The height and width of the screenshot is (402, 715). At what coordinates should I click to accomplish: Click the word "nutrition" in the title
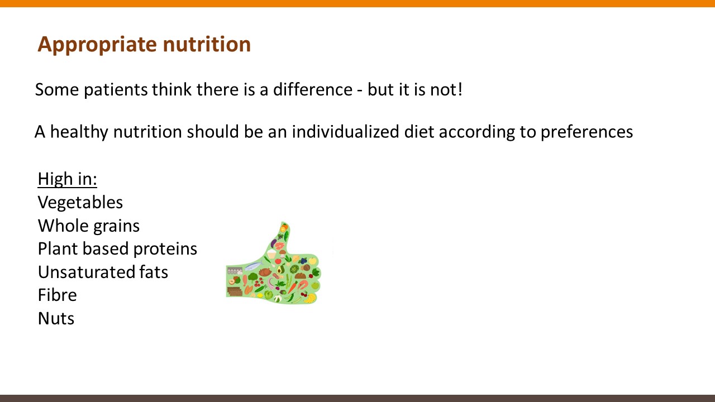[207, 44]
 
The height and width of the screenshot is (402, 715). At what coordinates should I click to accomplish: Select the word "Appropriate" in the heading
[97, 45]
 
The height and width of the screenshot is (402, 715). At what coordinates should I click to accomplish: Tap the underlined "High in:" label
[68, 179]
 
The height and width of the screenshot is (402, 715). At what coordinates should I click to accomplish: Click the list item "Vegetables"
[80, 203]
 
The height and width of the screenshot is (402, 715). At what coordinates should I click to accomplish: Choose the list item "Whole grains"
[89, 226]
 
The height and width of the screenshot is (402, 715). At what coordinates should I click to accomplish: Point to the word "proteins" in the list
[165, 249]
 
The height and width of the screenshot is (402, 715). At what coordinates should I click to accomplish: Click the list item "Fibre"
[57, 295]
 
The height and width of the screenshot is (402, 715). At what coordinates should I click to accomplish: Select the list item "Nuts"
[56, 318]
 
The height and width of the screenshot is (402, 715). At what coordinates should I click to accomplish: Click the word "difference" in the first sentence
[313, 89]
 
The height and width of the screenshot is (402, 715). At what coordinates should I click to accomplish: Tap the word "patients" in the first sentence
[116, 90]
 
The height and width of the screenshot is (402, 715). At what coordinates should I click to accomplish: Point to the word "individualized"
[345, 131]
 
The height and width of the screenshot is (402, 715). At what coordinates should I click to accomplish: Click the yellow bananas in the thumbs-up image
[309, 298]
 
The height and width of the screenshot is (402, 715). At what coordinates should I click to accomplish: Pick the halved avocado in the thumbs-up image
[280, 270]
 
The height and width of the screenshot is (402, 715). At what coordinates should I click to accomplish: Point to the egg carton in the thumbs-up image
[235, 271]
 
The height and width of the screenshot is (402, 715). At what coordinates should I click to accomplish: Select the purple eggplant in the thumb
[274, 243]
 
